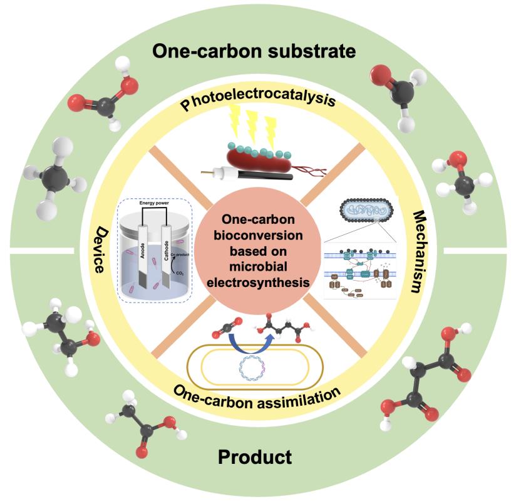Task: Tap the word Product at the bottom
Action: pyautogui.click(x=255, y=457)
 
